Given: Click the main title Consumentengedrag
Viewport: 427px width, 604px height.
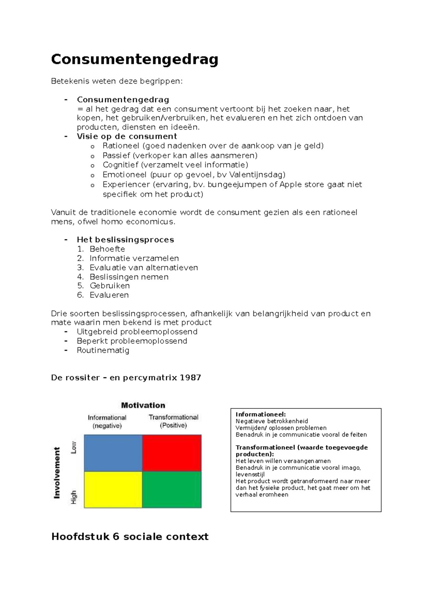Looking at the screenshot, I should tap(135, 59).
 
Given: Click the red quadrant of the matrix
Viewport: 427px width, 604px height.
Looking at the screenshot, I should tap(172, 453).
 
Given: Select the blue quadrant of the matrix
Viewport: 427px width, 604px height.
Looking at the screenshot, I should tap(113, 453).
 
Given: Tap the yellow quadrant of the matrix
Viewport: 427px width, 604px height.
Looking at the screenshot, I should tap(113, 489).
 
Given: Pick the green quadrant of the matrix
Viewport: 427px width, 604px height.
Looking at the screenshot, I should tap(172, 489).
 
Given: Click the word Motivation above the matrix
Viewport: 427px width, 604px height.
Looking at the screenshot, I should tap(143, 405).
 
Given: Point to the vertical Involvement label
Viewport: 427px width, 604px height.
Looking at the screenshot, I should tap(57, 473).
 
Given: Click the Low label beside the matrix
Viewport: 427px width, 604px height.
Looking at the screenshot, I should tap(74, 447).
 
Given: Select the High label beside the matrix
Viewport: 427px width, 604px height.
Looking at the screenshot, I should tap(74, 497).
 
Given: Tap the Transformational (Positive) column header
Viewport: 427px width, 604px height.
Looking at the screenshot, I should tap(173, 421).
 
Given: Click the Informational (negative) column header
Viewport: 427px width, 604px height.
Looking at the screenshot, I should tap(107, 422).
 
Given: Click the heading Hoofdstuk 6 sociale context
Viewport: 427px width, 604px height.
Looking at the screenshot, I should tap(130, 536).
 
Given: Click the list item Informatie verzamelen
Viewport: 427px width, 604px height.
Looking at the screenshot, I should tap(134, 258).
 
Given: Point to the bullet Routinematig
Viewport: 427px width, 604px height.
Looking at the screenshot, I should tap(103, 350).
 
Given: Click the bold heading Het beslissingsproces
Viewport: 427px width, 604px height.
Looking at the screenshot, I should tap(125, 240).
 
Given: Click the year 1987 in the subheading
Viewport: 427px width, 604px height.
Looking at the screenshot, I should tap(190, 377).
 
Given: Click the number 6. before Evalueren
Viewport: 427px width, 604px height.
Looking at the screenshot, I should tap(80, 295).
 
